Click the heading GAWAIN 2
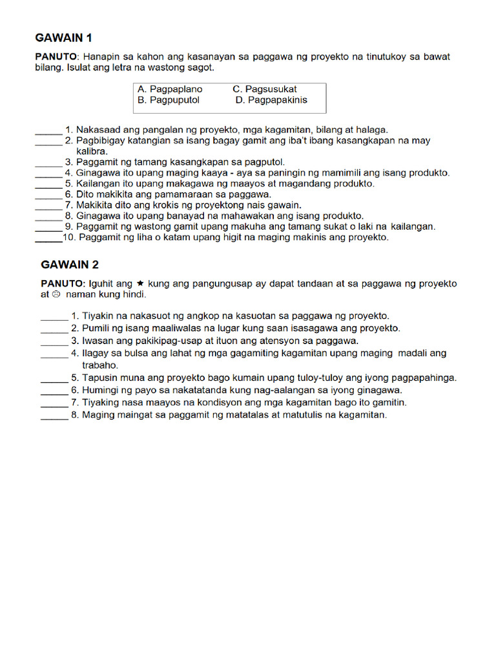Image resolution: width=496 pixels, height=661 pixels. [x=70, y=264]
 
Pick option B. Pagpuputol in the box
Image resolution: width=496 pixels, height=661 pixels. [x=169, y=100]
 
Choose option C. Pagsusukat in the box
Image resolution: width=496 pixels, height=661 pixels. [x=265, y=89]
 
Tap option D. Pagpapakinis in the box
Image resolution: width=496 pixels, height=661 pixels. [x=271, y=100]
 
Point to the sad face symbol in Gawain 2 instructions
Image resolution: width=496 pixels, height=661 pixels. [x=56, y=294]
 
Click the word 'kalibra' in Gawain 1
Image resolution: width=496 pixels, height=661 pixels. [x=92, y=150]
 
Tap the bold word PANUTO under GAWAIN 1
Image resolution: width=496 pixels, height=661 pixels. [x=56, y=57]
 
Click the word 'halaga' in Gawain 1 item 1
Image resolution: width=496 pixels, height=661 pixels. [x=371, y=129]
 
